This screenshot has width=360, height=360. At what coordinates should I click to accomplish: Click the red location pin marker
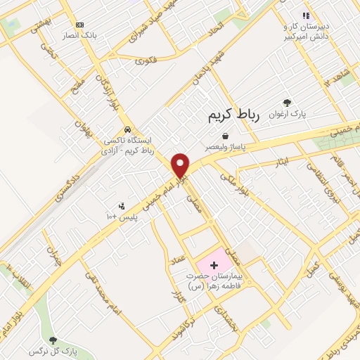(x=181, y=165)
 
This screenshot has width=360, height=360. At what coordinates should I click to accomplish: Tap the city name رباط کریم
(x=233, y=117)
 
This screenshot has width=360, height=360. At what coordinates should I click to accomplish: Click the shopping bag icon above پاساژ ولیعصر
(x=224, y=136)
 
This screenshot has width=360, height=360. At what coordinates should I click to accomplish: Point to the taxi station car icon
(x=127, y=130)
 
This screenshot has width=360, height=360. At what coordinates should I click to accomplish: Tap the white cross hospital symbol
(x=214, y=266)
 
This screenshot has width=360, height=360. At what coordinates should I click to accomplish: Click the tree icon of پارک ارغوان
(x=287, y=103)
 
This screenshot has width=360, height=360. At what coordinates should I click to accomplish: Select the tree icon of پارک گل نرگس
(x=53, y=340)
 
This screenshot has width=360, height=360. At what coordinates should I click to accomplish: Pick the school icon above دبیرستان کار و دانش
(x=305, y=15)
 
